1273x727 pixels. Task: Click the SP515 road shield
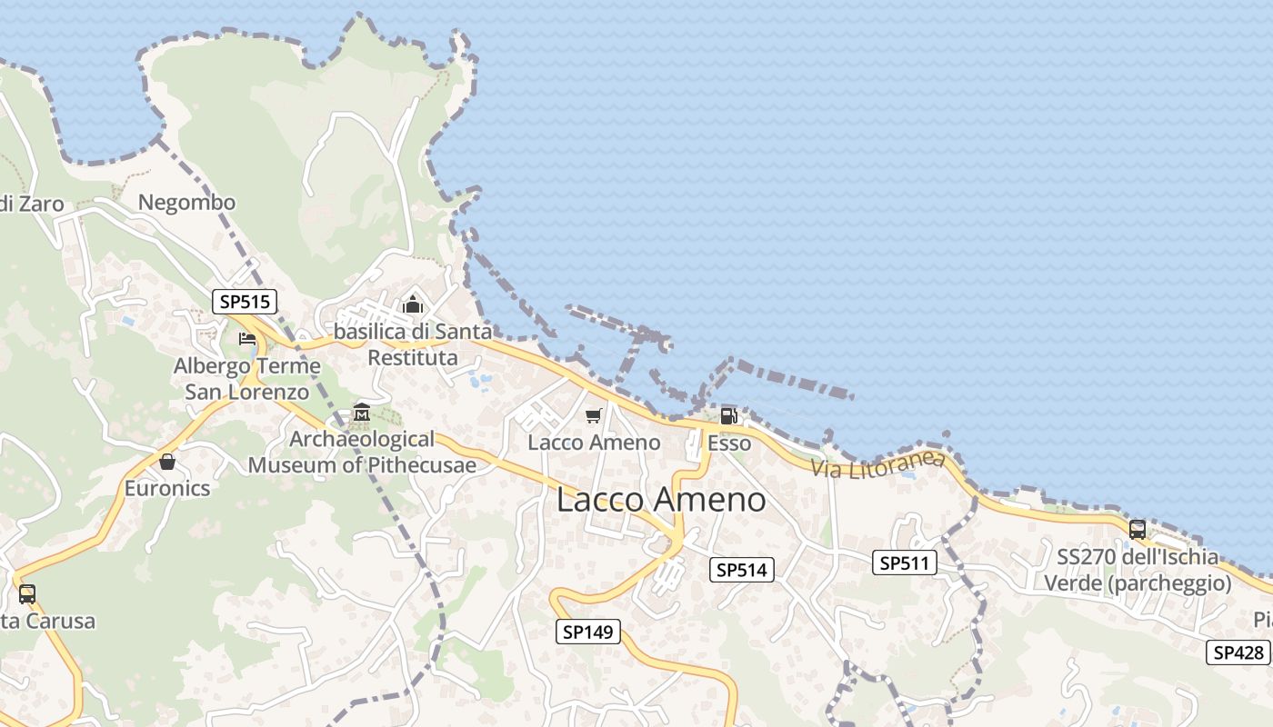pyautogui.click(x=245, y=302)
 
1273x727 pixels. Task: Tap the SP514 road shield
pyautogui.click(x=741, y=570)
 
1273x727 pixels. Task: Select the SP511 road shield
pyautogui.click(x=905, y=563)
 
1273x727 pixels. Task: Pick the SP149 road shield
pyautogui.click(x=588, y=632)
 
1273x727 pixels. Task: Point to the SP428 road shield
pyautogui.click(x=1238, y=652)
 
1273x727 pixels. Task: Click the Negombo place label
pyautogui.click(x=186, y=203)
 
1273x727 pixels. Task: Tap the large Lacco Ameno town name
pyautogui.click(x=661, y=500)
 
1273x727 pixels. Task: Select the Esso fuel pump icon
pyautogui.click(x=728, y=416)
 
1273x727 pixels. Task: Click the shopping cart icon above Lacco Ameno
pyautogui.click(x=594, y=416)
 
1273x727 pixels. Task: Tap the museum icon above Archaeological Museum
pyautogui.click(x=361, y=413)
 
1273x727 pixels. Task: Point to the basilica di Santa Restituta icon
pyautogui.click(x=413, y=305)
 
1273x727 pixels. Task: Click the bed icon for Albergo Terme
pyautogui.click(x=246, y=340)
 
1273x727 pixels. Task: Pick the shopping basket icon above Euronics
pyautogui.click(x=167, y=462)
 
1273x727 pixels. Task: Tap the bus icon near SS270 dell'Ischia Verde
pyautogui.click(x=1137, y=530)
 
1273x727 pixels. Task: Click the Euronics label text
pyautogui.click(x=167, y=488)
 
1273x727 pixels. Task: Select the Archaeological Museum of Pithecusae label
pyautogui.click(x=362, y=453)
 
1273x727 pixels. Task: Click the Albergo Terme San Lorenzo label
pyautogui.click(x=247, y=379)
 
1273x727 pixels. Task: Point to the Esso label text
pyautogui.click(x=729, y=443)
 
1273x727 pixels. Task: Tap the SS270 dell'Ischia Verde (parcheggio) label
pyautogui.click(x=1138, y=570)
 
